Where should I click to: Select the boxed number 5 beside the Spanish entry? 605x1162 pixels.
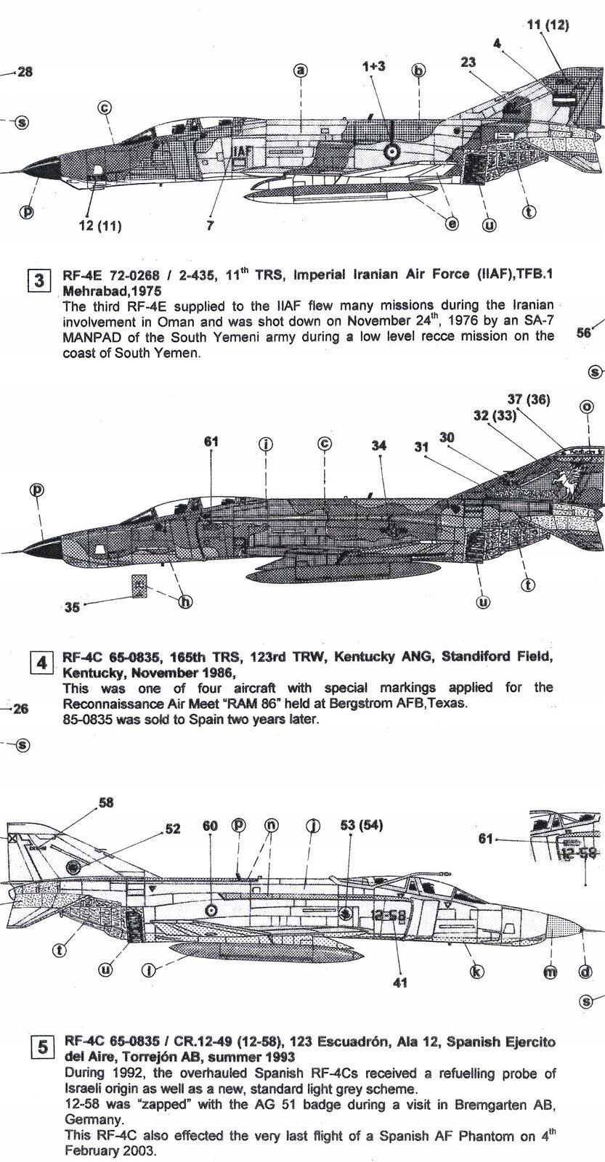point(42,1047)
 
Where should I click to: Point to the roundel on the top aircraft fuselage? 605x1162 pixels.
point(391,152)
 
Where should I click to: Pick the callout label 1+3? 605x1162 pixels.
point(373,66)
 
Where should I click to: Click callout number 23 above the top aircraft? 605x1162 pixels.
point(468,62)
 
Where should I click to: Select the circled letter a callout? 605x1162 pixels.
point(301,70)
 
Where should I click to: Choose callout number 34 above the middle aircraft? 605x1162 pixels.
point(379,446)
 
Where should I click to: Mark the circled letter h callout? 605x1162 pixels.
point(186,601)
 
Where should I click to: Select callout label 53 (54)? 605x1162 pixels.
point(361,825)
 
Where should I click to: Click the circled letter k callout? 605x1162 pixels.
point(477,972)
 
